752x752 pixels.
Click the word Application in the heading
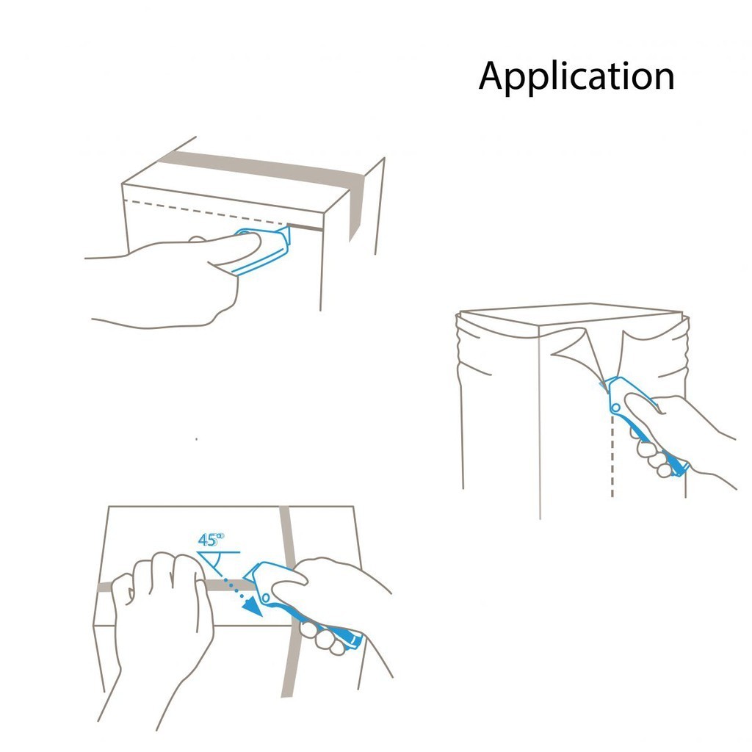tap(576, 76)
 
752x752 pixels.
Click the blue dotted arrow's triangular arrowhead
tap(253, 607)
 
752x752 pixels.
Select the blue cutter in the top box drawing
tap(261, 250)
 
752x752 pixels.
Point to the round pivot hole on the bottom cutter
tap(266, 598)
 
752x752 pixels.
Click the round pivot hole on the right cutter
tap(616, 408)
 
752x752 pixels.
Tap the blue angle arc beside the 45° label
tap(217, 561)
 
